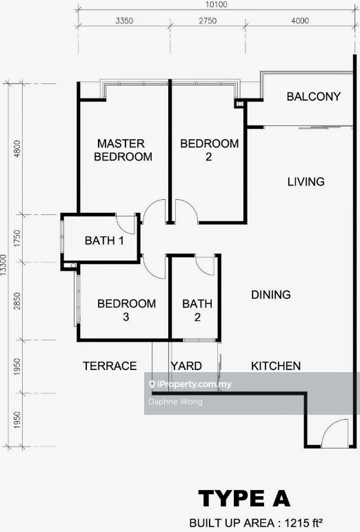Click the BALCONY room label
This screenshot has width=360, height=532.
[x=314, y=96]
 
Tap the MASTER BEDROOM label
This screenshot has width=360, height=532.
[x=123, y=150]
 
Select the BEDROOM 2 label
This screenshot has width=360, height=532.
[x=209, y=150]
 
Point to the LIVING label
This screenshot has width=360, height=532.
[x=306, y=182]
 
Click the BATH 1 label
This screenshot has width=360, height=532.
[x=104, y=241]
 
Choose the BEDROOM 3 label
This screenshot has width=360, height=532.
[x=126, y=310]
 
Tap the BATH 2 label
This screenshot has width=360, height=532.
[x=197, y=310]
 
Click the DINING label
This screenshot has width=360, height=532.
[x=271, y=294]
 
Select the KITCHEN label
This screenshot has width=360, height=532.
[x=276, y=366]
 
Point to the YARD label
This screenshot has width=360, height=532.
[x=186, y=366]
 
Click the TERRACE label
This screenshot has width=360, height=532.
[x=110, y=366]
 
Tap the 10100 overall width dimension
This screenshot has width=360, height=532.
[x=217, y=5]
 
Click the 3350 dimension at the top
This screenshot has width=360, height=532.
[x=124, y=21]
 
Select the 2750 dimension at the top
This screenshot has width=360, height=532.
[x=208, y=21]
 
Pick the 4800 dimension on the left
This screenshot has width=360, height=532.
[x=17, y=148]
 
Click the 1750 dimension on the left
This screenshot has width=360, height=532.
[x=17, y=238]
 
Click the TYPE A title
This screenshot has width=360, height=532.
[x=244, y=499]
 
